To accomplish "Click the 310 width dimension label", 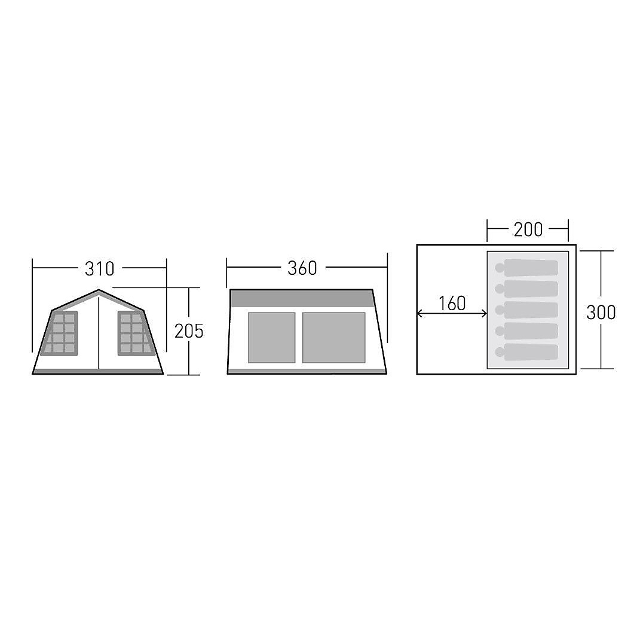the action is click(x=99, y=269).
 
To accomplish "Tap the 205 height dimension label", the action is click(x=189, y=332).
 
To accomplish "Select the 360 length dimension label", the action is click(x=302, y=268).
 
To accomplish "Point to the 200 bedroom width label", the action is click(x=528, y=229).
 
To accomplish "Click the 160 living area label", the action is click(x=452, y=303).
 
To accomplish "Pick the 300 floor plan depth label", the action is click(x=601, y=312).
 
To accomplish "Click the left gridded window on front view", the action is click(x=59, y=333).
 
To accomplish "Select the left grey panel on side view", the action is click(x=272, y=338).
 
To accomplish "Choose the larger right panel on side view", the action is click(x=334, y=338).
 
